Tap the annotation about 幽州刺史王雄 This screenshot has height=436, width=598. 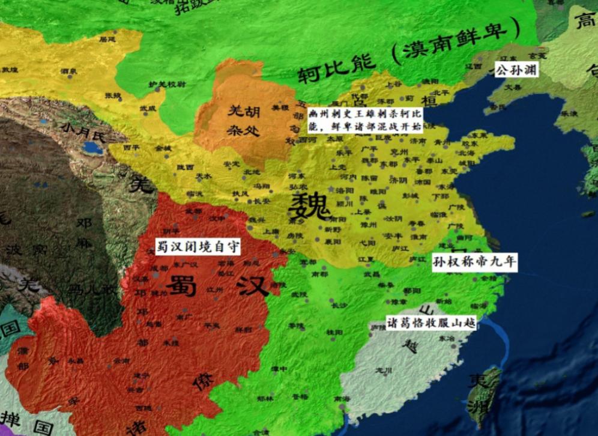pyautogui.click(x=365, y=120)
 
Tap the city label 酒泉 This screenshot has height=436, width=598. pyautogui.click(x=68, y=71)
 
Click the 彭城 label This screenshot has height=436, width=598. pyautogui.click(x=410, y=195)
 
